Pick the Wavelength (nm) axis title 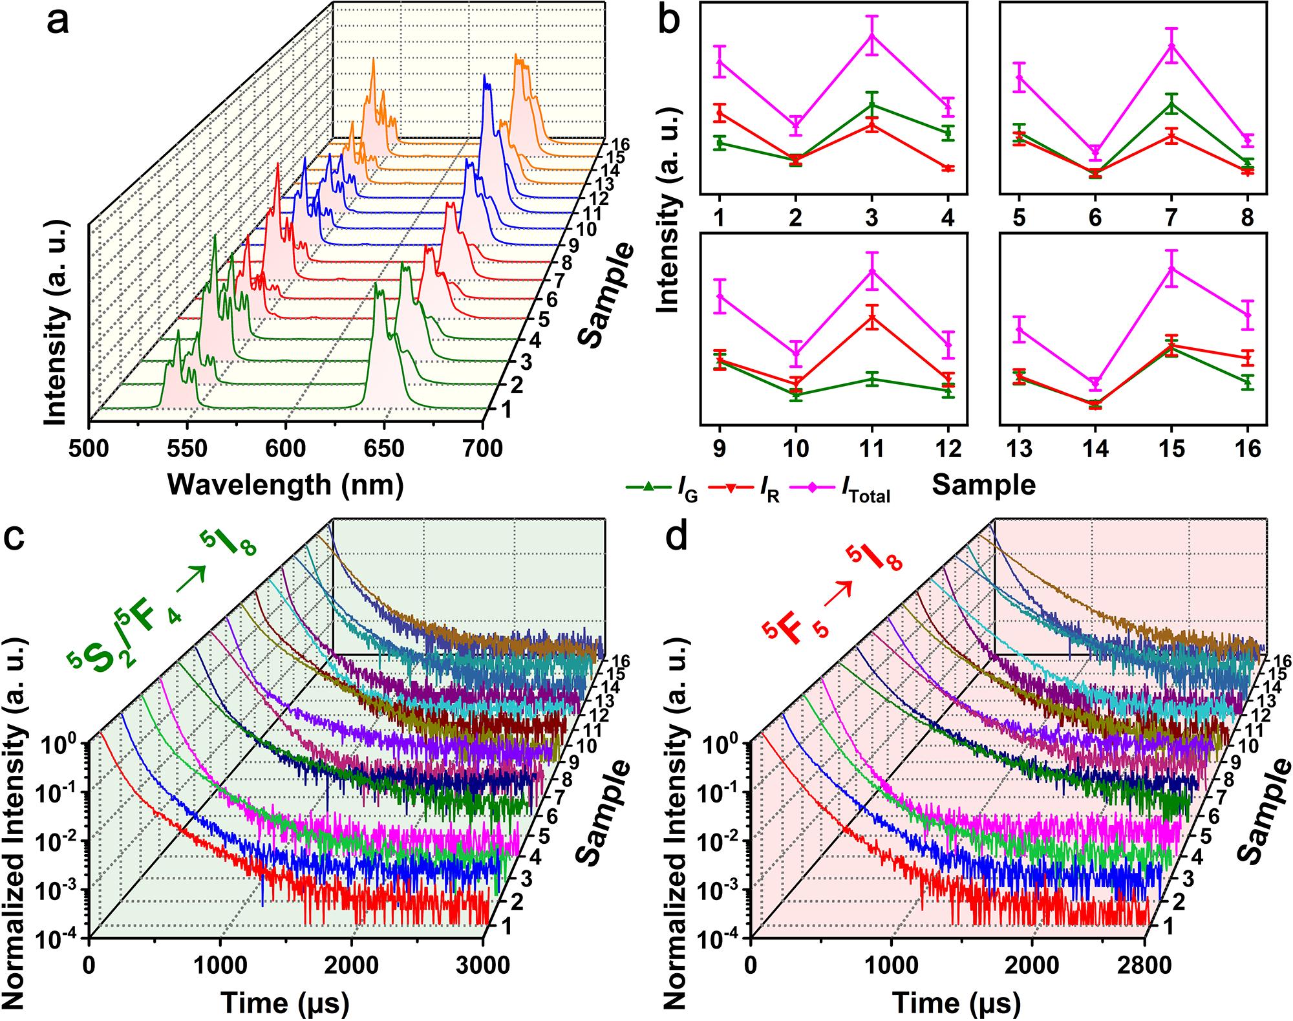pyautogui.click(x=285, y=484)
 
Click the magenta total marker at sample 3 pyautogui.click(x=872, y=35)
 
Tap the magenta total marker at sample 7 pyautogui.click(x=1171, y=46)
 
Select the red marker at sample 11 pyautogui.click(x=872, y=317)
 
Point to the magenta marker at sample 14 pyautogui.click(x=1095, y=383)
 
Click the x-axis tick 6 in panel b pyautogui.click(x=1095, y=218)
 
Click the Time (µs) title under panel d pyautogui.click(x=956, y=1003)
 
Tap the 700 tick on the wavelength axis pyautogui.click(x=482, y=447)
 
